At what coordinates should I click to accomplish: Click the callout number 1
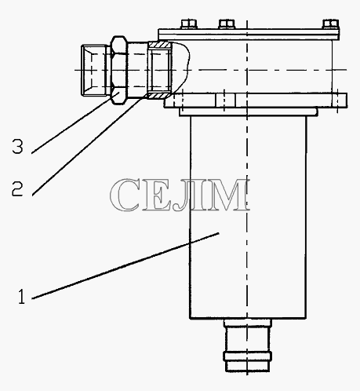(21, 297)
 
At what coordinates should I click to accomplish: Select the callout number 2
(17, 188)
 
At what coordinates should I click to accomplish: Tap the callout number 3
(17, 146)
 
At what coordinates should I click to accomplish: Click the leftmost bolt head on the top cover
(188, 24)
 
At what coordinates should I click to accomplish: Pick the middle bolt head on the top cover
(227, 24)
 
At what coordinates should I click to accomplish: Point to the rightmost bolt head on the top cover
(330, 24)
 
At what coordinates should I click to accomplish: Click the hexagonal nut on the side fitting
(119, 71)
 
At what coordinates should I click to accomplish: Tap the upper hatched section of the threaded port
(160, 45)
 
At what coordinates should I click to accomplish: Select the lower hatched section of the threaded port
(159, 96)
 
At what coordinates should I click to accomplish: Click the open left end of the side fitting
(86, 71)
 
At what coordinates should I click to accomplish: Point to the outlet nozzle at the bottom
(247, 345)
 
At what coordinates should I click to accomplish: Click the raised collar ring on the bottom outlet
(247, 356)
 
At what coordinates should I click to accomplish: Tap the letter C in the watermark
(125, 195)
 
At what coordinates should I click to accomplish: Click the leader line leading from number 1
(125, 265)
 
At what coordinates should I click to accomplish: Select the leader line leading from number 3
(76, 122)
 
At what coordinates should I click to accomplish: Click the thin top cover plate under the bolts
(249, 34)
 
